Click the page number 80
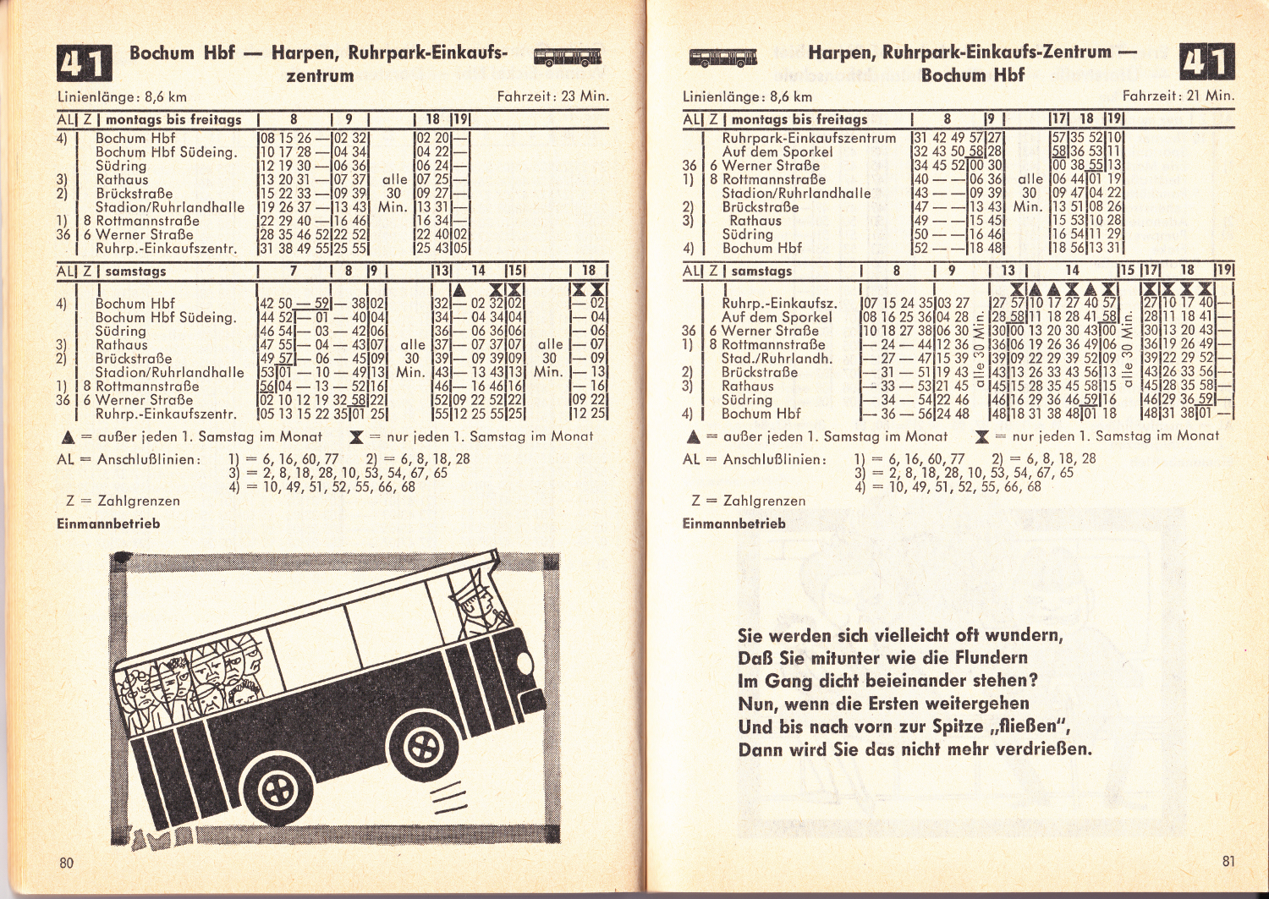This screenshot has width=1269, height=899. (x=66, y=863)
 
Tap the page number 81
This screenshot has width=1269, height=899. (x=1228, y=862)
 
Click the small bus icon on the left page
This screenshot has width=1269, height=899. (x=568, y=57)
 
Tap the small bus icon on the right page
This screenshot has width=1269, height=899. (x=723, y=57)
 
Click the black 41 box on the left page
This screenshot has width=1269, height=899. (x=85, y=63)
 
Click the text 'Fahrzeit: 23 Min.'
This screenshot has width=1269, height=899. (x=553, y=96)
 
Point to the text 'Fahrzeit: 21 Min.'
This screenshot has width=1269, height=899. (x=1178, y=96)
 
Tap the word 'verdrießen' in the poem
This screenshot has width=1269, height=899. (x=1036, y=749)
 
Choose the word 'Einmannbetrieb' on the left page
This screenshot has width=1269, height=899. (x=108, y=524)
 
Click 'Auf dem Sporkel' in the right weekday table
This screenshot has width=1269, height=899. (x=777, y=152)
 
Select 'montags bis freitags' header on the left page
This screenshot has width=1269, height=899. (x=173, y=120)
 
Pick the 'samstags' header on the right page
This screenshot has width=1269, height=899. (x=761, y=271)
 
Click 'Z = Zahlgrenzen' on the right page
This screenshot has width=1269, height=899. (x=749, y=502)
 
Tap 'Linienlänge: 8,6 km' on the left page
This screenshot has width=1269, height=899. (x=123, y=97)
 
